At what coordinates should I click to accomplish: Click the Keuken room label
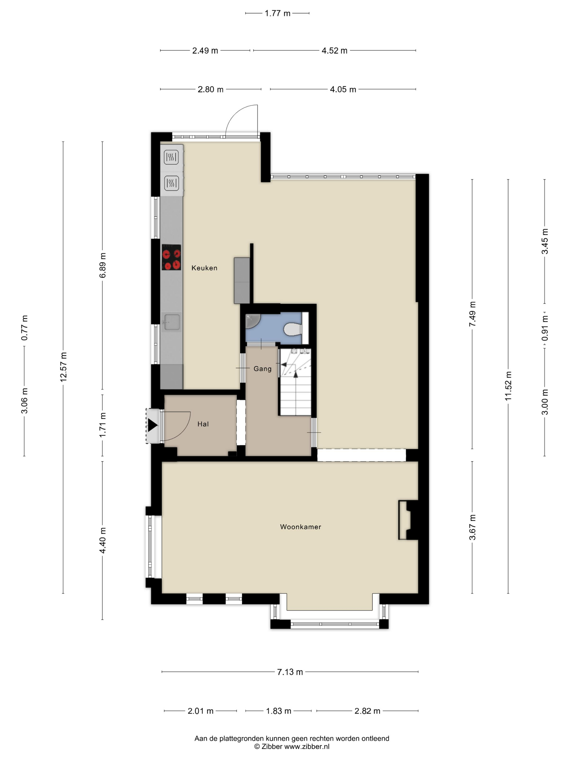click(x=204, y=268)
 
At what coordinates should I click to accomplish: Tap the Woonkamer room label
click(x=300, y=527)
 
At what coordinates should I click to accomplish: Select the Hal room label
click(x=203, y=424)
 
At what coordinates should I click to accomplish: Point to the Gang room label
click(x=262, y=369)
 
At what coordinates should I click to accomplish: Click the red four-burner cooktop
click(x=171, y=257)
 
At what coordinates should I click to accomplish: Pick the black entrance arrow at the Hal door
click(x=152, y=426)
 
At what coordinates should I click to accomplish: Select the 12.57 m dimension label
click(x=63, y=367)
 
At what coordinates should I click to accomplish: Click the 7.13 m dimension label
click(x=290, y=672)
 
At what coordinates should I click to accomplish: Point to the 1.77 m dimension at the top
click(x=277, y=13)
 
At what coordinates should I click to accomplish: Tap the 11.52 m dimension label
click(x=508, y=386)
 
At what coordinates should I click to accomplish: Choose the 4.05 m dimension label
click(x=343, y=89)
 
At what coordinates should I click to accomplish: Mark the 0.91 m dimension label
click(x=545, y=328)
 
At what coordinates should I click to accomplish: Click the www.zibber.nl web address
click(x=307, y=746)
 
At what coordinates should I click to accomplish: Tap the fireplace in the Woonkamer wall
click(x=408, y=520)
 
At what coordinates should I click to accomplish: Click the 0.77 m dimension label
click(x=25, y=328)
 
